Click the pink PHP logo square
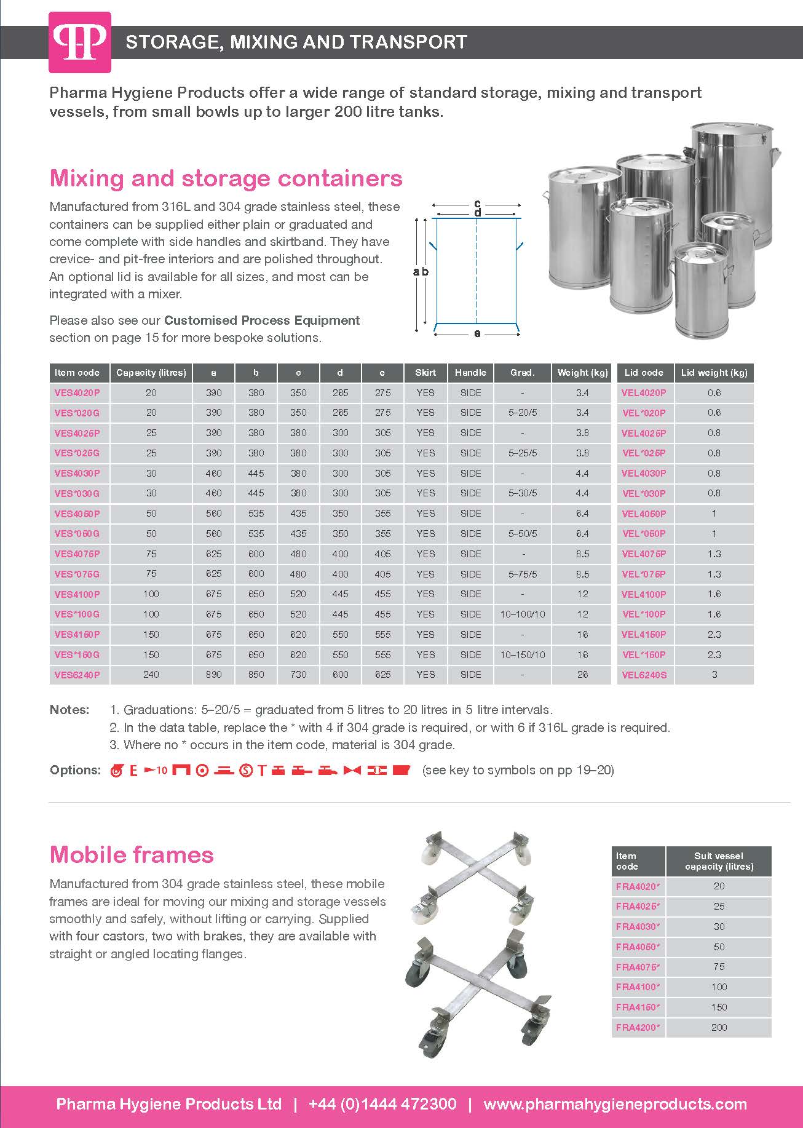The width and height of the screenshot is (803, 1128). (x=80, y=42)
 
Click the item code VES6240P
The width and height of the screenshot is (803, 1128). (x=77, y=675)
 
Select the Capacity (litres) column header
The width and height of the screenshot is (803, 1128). (x=151, y=373)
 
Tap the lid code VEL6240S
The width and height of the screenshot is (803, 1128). (x=644, y=675)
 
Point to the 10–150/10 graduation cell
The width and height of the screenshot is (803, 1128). (x=522, y=654)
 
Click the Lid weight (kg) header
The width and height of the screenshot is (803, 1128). (x=714, y=373)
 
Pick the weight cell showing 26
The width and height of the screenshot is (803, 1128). (x=582, y=675)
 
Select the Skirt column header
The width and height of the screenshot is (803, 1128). (x=425, y=373)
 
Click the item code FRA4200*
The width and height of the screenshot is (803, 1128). (x=638, y=1027)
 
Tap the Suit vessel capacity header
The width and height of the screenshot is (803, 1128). (x=719, y=861)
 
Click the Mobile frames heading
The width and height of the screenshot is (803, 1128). (x=132, y=854)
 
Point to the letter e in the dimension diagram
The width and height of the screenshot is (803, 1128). (x=477, y=334)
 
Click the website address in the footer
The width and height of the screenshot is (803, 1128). (x=615, y=1104)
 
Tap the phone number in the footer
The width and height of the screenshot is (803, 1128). (x=382, y=1104)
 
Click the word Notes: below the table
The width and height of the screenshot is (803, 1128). (x=69, y=710)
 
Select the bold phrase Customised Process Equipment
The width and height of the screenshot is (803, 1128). (x=262, y=320)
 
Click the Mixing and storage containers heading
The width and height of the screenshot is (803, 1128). (x=226, y=178)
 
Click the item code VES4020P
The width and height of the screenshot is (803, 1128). (x=77, y=392)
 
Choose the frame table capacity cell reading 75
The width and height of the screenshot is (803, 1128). (x=719, y=967)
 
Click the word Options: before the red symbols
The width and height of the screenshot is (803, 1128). (x=75, y=770)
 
